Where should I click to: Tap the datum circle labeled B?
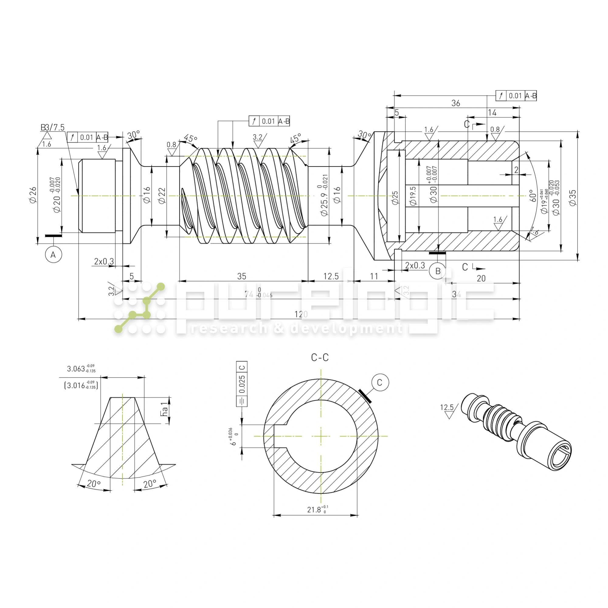click(438, 271)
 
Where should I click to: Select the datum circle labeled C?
click(380, 382)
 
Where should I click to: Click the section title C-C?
click(320, 358)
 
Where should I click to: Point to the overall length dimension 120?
click(301, 314)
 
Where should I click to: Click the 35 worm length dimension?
click(242, 276)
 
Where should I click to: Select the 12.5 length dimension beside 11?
click(331, 276)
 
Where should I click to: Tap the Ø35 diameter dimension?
click(573, 198)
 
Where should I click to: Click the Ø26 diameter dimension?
click(33, 195)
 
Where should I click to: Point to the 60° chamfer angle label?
click(533, 195)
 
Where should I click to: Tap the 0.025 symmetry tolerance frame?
click(242, 384)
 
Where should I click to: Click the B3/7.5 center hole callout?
click(53, 127)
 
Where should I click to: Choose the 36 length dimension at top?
click(456, 103)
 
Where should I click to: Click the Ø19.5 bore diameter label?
click(413, 196)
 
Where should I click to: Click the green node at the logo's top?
click(161, 287)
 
